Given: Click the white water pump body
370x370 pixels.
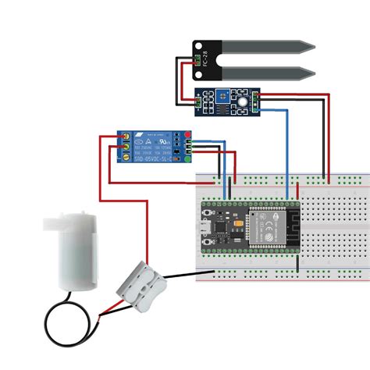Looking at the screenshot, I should click(x=74, y=254).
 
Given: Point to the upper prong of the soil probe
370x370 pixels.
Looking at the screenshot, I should click(x=272, y=49).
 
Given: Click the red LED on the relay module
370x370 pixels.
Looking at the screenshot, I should click(x=178, y=137).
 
